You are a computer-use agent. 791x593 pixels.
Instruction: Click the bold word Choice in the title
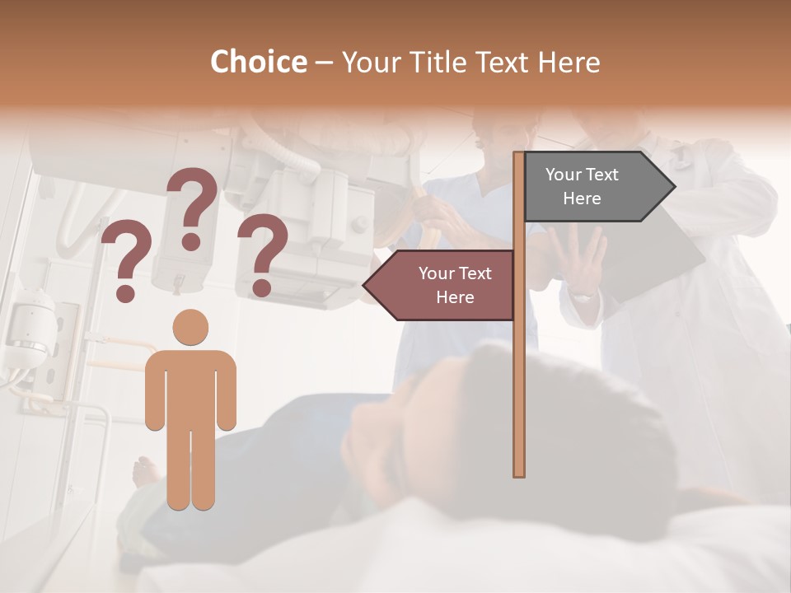(x=258, y=62)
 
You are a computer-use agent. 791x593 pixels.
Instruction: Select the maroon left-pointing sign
(x=445, y=285)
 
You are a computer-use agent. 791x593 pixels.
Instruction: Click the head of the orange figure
(x=190, y=327)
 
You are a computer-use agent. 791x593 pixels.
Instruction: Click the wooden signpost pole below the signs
(x=519, y=395)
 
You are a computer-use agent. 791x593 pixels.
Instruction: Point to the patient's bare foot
(x=147, y=471)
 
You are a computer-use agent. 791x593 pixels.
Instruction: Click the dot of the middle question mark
(x=191, y=241)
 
